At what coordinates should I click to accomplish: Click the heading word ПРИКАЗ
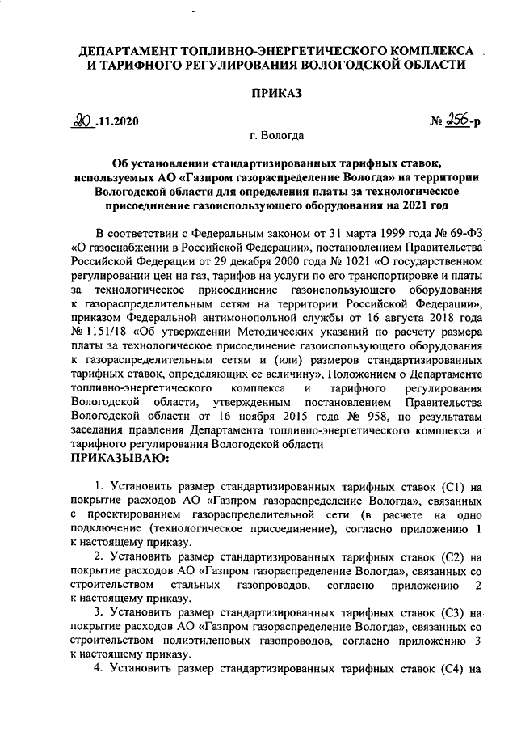275,95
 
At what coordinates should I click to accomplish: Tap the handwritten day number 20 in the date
81,122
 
